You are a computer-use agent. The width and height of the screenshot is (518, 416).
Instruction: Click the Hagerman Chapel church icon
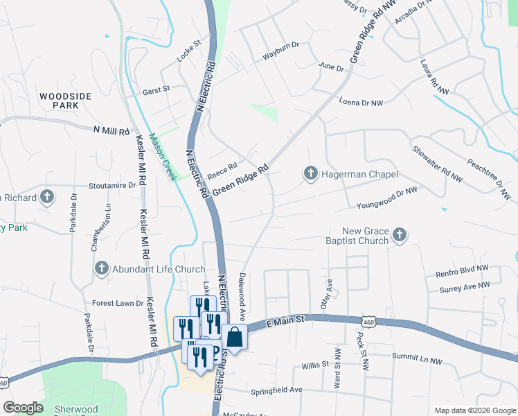pos(311,172)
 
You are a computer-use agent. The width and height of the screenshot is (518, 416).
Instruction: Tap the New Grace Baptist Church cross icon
pos(399,236)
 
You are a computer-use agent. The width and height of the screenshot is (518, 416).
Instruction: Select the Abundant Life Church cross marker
pos(101,268)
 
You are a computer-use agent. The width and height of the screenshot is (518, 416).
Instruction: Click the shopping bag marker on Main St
pos(234,338)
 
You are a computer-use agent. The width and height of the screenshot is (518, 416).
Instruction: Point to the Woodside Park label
pos(65,101)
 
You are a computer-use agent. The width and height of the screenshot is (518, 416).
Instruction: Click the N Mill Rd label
pos(111,130)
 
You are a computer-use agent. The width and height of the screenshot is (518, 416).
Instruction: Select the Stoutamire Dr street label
pos(112,186)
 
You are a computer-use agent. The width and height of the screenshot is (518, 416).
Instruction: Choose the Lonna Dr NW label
pos(361,103)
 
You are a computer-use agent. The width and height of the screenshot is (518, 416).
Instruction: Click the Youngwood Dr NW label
pos(386,198)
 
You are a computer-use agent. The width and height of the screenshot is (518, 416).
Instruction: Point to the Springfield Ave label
pos(276,390)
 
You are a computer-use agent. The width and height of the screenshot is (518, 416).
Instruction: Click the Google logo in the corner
pos(23,408)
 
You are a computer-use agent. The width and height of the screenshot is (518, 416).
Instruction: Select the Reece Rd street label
pos(222,167)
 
